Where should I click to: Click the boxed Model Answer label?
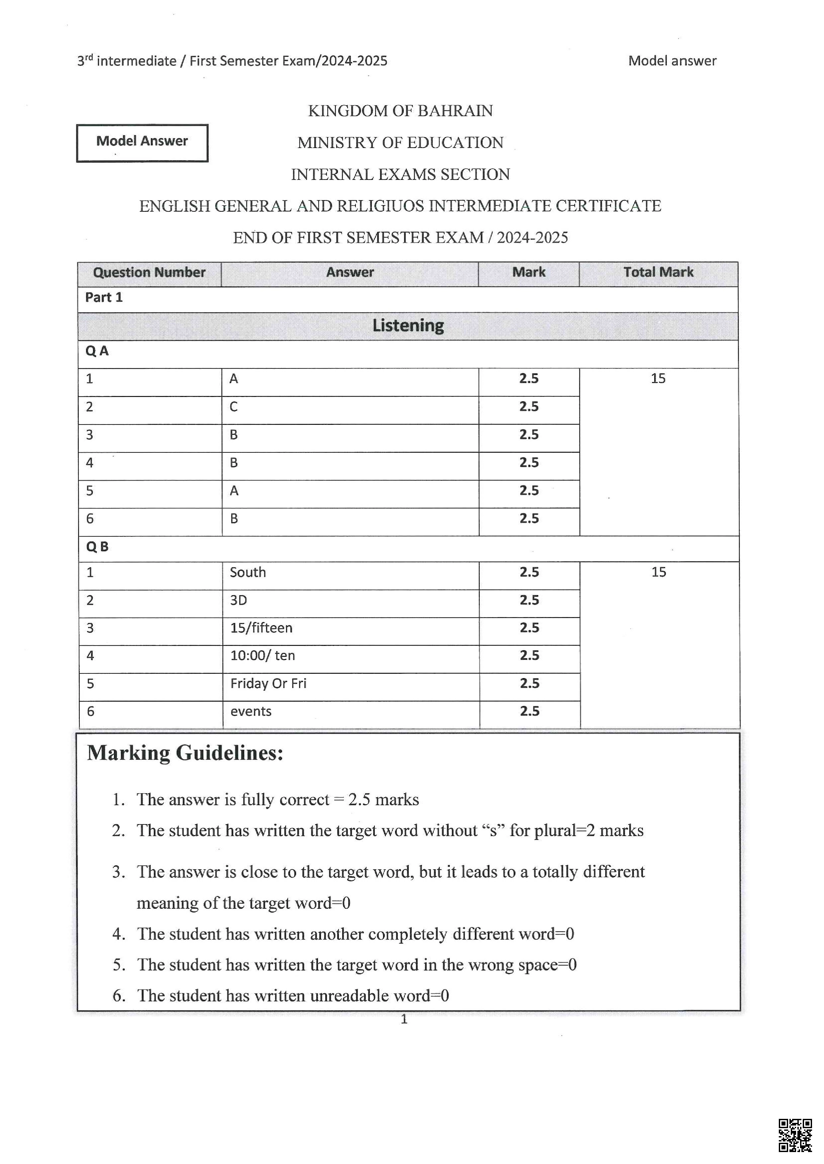(x=142, y=141)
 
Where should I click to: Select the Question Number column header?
(x=149, y=273)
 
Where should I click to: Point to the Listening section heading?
(x=408, y=326)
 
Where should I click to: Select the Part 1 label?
(x=104, y=298)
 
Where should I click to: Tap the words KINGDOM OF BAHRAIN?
(x=400, y=111)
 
